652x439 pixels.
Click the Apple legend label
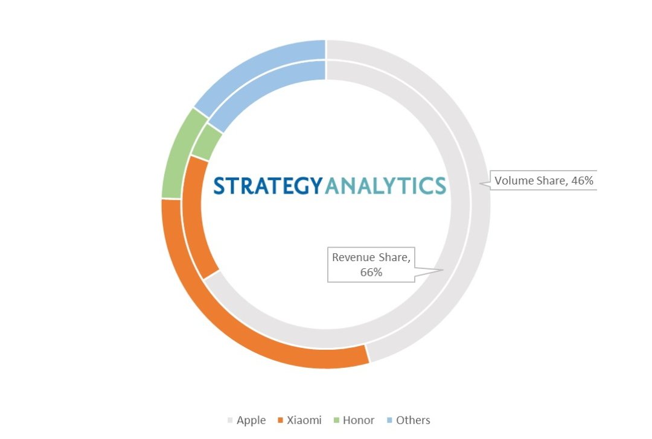tap(251, 420)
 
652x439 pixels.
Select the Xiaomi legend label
tap(304, 420)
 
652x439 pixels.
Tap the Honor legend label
tap(359, 420)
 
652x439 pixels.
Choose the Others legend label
tap(413, 420)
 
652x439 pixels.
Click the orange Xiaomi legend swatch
tap(280, 420)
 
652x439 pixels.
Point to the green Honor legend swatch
tap(336, 420)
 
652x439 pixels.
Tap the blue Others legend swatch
tap(389, 420)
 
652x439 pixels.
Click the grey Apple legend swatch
tap(230, 420)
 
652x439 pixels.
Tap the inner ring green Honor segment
tap(207, 142)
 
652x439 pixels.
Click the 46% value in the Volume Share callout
tap(582, 181)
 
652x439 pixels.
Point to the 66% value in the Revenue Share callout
tap(371, 273)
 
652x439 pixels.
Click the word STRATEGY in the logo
tap(268, 186)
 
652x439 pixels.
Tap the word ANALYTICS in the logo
tap(385, 186)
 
